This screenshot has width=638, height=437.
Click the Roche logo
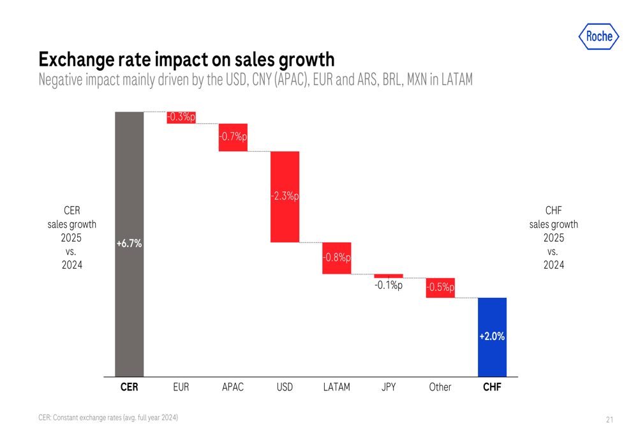click(599, 36)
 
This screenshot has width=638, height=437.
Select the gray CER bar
click(129, 191)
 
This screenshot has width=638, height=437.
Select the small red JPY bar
click(389, 276)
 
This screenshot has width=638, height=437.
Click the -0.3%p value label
click(181, 117)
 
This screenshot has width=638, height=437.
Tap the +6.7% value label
click(129, 244)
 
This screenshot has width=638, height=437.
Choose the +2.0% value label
click(492, 336)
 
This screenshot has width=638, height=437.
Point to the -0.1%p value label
click(389, 286)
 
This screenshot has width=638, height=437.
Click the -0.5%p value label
click(440, 288)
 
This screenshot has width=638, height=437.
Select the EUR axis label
click(181, 387)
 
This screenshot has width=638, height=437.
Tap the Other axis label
click(440, 387)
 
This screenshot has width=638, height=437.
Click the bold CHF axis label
click(492, 387)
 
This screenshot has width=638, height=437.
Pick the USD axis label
click(285, 387)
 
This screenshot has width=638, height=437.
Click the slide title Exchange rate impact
click(186, 59)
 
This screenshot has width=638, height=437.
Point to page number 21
click(609, 419)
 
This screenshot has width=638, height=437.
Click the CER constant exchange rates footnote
click(108, 418)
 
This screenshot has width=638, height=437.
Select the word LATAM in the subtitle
click(454, 81)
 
